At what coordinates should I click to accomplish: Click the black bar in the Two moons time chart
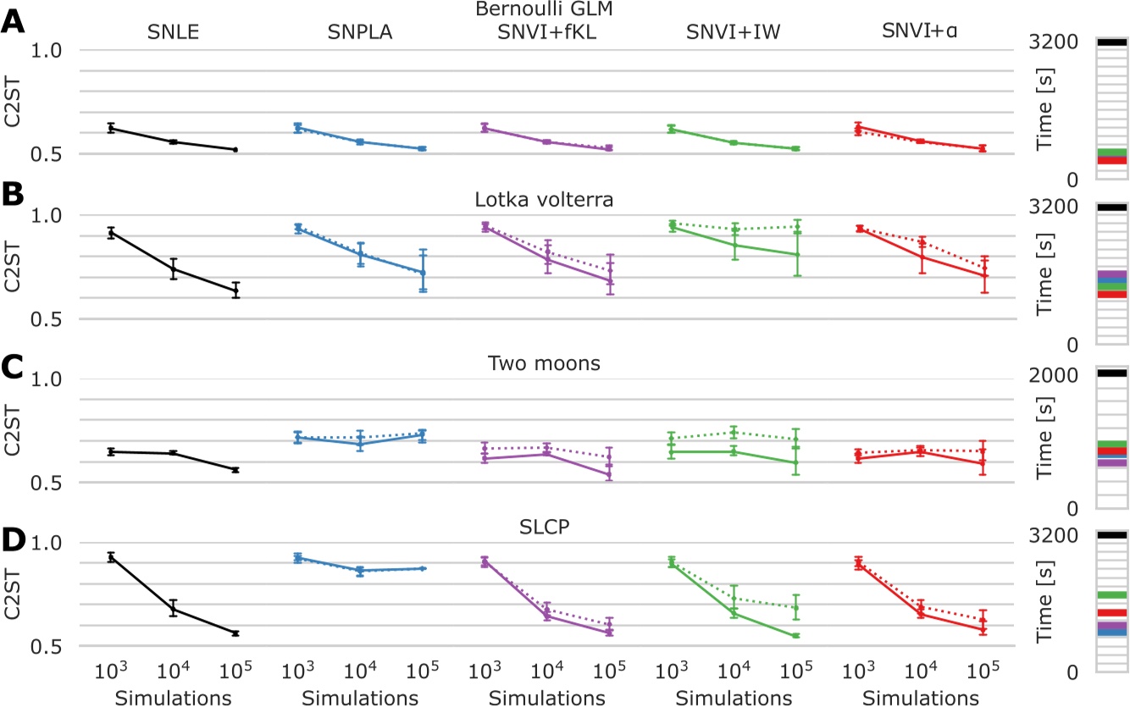tap(1111, 373)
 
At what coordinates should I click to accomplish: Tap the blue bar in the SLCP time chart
tap(1111, 632)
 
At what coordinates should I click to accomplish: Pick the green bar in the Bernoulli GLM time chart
tap(1111, 153)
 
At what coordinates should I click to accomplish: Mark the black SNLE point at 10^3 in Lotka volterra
tap(110, 232)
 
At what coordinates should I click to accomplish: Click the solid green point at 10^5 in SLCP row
tap(796, 636)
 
